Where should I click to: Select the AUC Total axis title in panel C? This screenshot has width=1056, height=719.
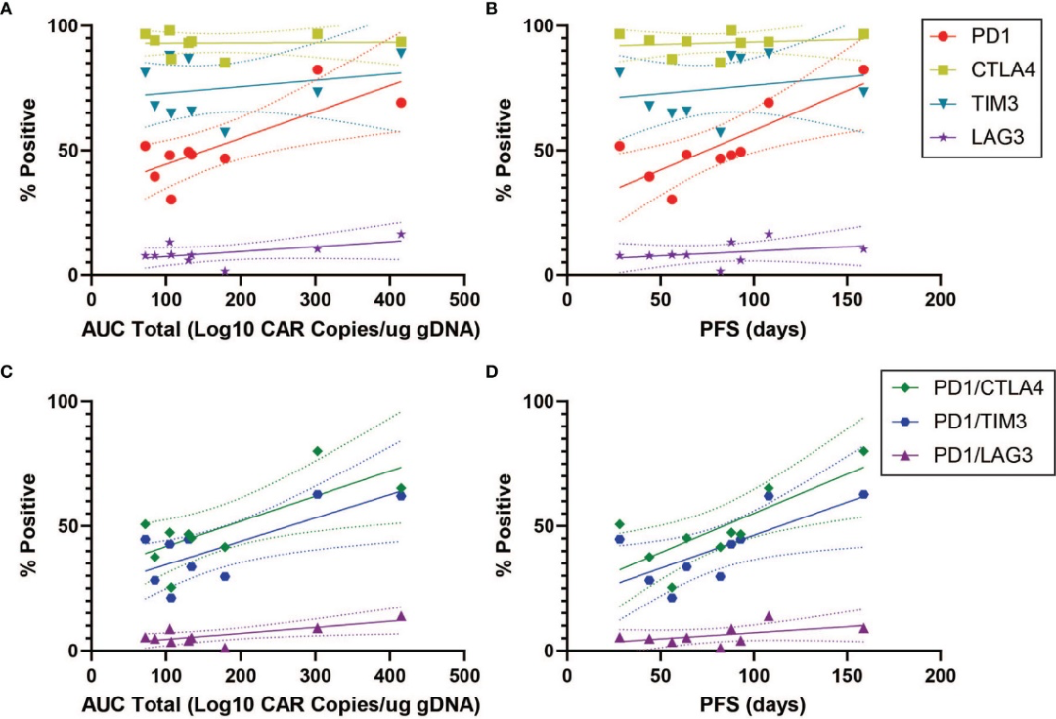click(278, 702)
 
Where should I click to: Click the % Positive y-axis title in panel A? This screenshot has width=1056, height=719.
click(28, 151)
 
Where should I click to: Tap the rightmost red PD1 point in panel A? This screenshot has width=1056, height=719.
click(401, 103)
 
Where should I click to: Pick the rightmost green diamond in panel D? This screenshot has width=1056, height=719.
click(863, 451)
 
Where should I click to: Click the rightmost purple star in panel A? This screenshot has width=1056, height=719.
click(401, 234)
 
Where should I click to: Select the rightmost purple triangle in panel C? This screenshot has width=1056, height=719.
click(401, 616)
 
